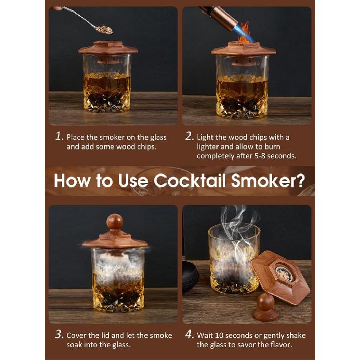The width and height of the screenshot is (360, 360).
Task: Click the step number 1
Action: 59,136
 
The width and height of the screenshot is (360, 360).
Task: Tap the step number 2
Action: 189,136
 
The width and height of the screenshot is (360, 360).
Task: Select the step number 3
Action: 59,335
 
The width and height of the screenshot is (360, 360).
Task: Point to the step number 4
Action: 189,335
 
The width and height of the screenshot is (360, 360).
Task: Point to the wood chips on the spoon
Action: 104,30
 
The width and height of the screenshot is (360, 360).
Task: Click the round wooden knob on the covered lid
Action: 115,221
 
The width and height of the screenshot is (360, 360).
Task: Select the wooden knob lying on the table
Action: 266,305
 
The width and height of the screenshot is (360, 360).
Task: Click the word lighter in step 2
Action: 210,147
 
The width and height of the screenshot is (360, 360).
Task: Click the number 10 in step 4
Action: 222,335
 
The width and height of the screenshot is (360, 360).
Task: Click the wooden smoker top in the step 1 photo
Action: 108,48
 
